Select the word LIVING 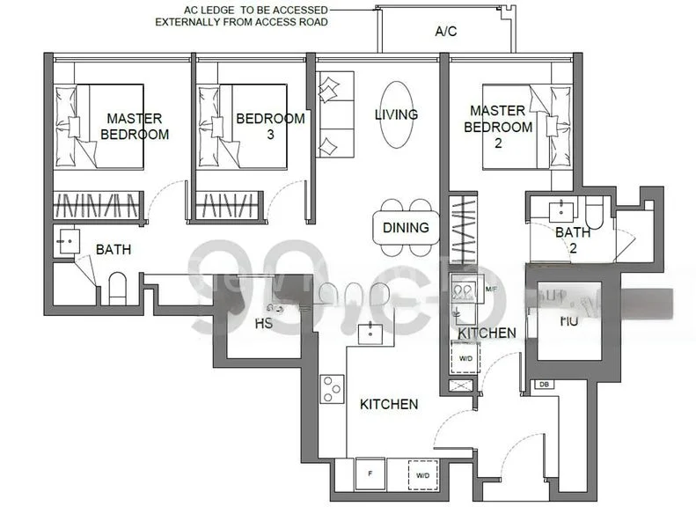click(396, 114)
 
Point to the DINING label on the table click(406, 228)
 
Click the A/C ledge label click(446, 32)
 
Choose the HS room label click(263, 324)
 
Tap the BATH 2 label click(573, 240)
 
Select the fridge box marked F click(370, 475)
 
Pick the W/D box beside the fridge click(422, 475)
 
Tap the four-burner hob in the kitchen click(332, 388)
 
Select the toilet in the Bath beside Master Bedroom click(117, 288)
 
